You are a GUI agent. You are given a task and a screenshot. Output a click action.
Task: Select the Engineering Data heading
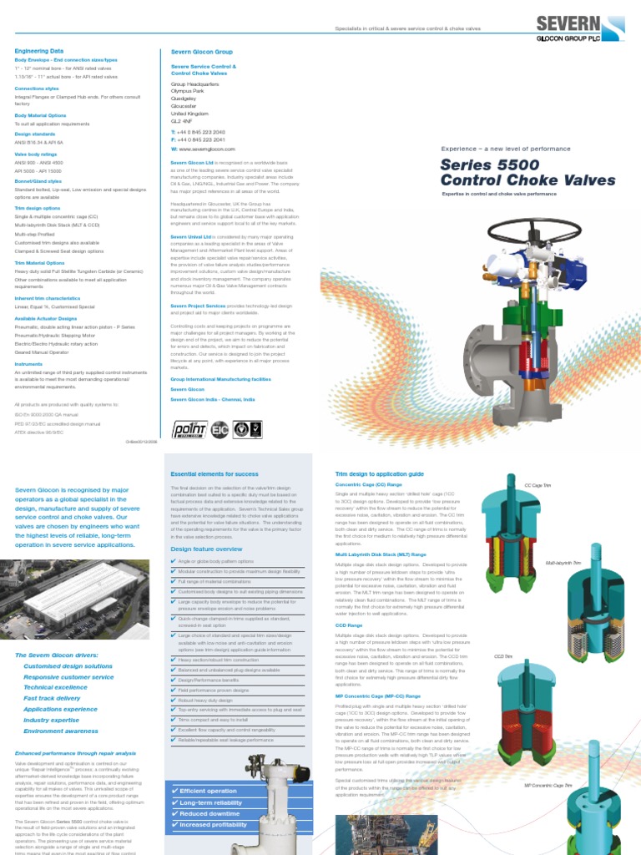(39, 51)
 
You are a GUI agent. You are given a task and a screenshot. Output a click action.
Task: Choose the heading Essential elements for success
(215, 473)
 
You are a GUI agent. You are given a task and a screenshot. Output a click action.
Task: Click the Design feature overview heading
(206, 549)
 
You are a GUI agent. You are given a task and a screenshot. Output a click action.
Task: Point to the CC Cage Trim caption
(539, 485)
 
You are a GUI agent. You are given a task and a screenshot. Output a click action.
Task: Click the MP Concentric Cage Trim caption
(548, 786)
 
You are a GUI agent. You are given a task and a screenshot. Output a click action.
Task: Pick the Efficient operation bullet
(204, 791)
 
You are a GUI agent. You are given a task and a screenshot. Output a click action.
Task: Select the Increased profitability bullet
(209, 824)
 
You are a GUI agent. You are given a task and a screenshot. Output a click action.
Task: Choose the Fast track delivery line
(53, 697)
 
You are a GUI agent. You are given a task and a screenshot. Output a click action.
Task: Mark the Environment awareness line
(61, 731)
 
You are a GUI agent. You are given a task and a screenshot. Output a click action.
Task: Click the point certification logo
(189, 429)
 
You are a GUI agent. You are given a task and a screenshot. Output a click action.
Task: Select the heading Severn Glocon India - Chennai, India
(213, 400)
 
